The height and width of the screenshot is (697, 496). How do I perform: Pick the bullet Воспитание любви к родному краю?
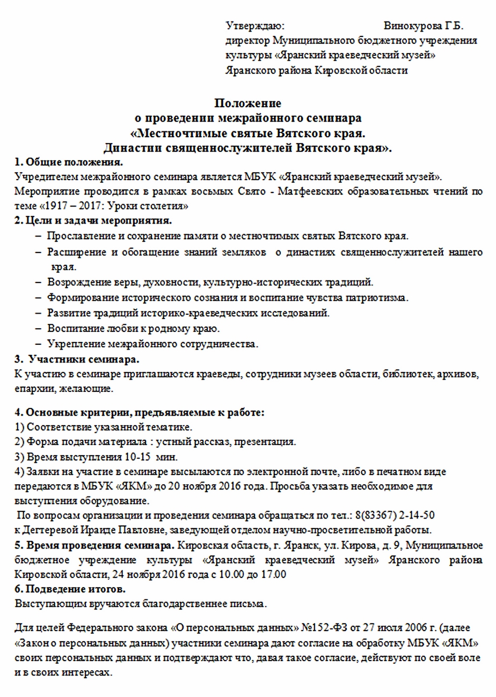[134, 328]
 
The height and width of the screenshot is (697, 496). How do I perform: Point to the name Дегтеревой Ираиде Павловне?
[99, 531]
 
